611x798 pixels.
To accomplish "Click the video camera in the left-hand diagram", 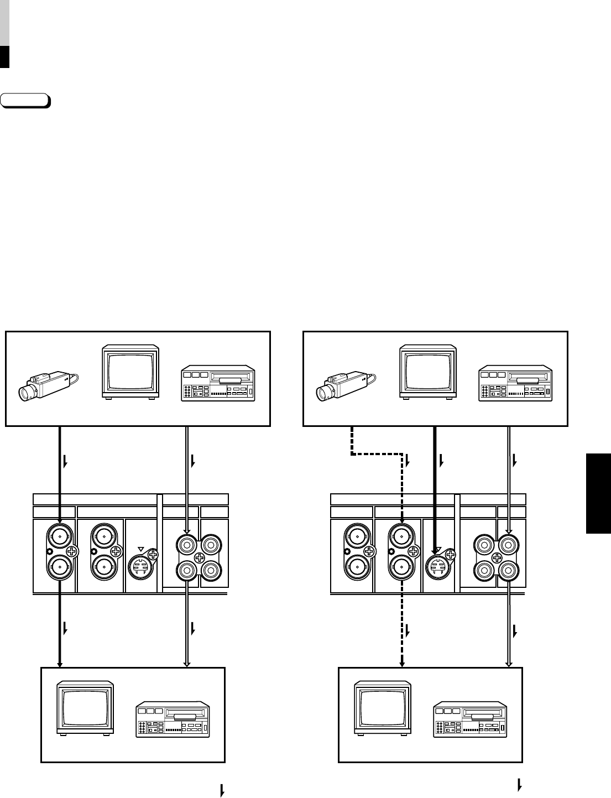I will (47, 384).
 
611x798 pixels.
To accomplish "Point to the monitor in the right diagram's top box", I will (428, 372).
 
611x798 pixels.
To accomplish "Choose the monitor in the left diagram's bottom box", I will (86, 708).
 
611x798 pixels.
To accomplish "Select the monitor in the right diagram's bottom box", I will (383, 708).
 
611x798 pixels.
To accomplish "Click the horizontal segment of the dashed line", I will (377, 455).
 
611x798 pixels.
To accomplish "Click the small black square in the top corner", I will (4, 57).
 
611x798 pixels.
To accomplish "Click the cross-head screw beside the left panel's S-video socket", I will (153, 555).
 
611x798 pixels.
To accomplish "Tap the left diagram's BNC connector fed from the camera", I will (59, 535).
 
